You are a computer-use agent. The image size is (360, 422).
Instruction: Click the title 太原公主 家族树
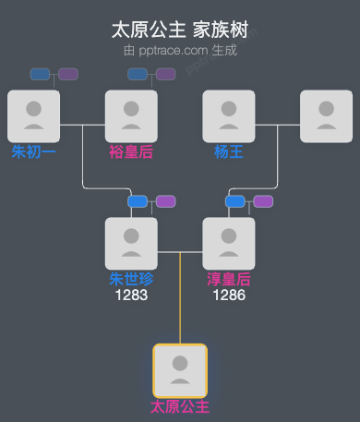click(x=180, y=30)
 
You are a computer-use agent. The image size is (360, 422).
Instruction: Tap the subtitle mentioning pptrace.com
click(x=180, y=50)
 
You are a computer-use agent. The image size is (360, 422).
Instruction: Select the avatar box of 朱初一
click(x=33, y=115)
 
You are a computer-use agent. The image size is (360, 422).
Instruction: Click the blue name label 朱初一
click(x=33, y=151)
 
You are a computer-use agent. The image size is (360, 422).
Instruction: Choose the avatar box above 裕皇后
click(x=131, y=115)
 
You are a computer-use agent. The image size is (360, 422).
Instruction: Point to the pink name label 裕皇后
click(x=131, y=151)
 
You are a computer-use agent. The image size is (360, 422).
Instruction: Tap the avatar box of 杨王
click(x=229, y=115)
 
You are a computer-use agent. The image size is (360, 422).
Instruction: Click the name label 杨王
click(x=229, y=151)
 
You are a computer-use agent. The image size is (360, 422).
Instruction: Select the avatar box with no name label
click(x=326, y=115)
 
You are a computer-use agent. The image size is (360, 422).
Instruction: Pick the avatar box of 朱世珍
click(x=131, y=243)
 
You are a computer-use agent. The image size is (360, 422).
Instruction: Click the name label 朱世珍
click(x=131, y=279)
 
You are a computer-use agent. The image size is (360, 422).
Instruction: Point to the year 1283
click(x=131, y=295)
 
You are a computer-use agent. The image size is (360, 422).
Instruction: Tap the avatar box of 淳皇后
click(x=229, y=243)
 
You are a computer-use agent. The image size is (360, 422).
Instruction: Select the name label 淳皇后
click(x=229, y=279)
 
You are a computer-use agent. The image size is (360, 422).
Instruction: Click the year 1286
click(x=229, y=295)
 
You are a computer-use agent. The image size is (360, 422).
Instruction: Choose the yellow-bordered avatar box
click(x=180, y=370)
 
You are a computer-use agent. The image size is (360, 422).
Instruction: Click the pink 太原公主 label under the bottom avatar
click(x=180, y=406)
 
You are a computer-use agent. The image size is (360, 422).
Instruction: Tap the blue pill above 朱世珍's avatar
click(x=138, y=201)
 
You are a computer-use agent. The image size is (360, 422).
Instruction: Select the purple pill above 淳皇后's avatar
click(x=263, y=201)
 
